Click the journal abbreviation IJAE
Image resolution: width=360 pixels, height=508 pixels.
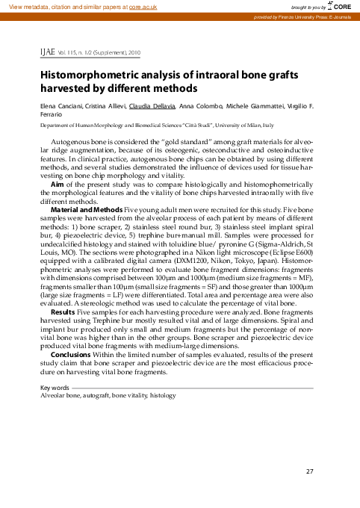tap(49, 54)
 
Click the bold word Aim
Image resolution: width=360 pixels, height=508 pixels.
tap(55, 184)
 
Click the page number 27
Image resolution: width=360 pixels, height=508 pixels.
tap(310, 471)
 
